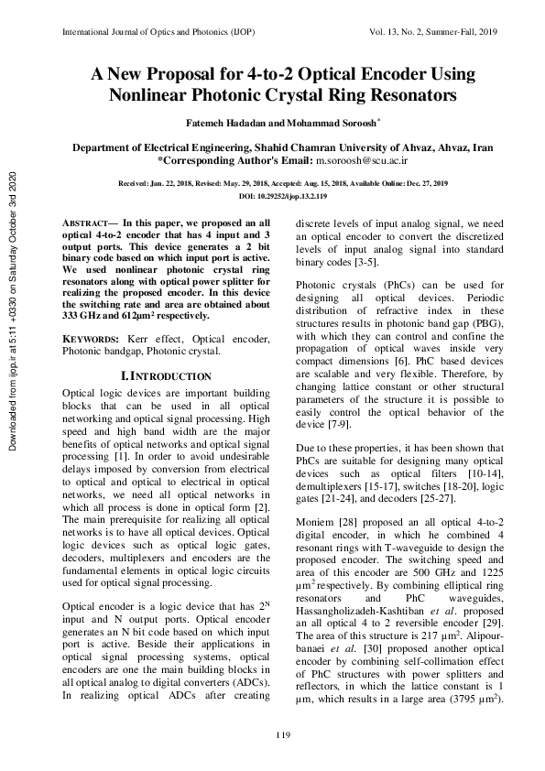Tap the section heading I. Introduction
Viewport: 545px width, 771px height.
166,376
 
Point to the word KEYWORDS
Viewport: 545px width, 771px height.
88,339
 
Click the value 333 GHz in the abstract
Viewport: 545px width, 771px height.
81,313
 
